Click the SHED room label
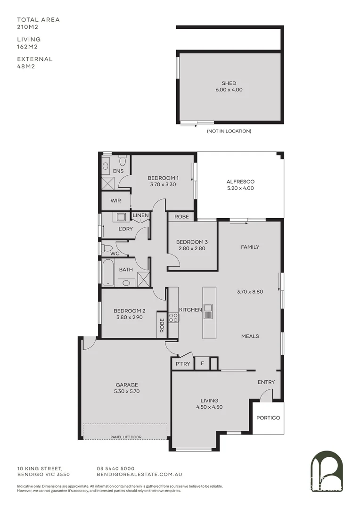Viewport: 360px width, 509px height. point(229,83)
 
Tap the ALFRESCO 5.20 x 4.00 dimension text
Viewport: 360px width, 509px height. point(240,188)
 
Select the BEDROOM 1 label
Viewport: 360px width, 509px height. point(163,178)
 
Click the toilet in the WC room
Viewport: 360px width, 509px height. point(107,247)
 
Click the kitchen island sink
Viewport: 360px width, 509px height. point(208,311)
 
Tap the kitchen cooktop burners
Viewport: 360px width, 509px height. point(173,318)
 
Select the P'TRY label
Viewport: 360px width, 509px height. point(182,364)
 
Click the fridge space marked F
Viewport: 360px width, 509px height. point(202,364)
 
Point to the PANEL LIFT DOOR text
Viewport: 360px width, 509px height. point(126,437)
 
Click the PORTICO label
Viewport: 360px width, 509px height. point(268,418)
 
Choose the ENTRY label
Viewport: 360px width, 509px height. point(266,382)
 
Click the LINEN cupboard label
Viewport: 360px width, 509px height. point(140,215)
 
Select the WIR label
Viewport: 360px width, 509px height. point(116,200)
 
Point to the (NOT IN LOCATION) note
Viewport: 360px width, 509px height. point(229,131)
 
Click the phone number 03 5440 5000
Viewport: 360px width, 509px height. point(115,468)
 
